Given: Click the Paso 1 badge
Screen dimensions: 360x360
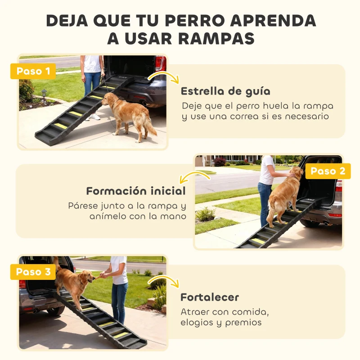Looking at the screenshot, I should (33, 71).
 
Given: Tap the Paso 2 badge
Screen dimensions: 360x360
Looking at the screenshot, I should (327, 171).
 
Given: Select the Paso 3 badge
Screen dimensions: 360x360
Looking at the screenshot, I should (33, 272).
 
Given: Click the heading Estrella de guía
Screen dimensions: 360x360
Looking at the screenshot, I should (225, 91).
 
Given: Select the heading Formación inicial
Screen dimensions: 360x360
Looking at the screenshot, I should (136, 191).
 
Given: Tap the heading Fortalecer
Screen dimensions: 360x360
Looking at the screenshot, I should (210, 297).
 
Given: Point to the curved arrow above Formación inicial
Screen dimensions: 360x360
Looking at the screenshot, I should (194, 176).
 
